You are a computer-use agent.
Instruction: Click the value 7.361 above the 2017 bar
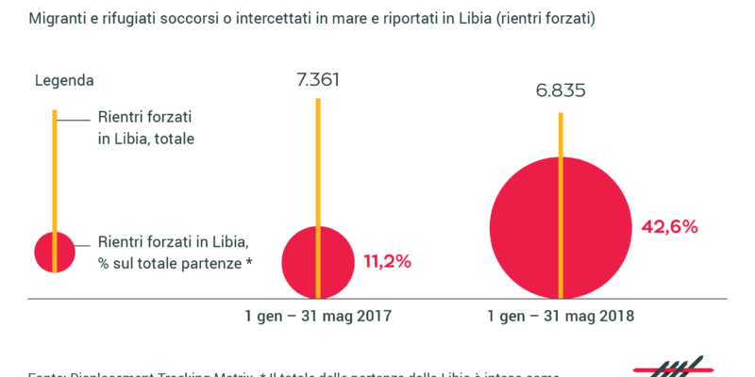pos(318,79)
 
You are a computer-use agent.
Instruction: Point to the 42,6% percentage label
pos(669,226)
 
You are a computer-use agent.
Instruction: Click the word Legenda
pos(65,81)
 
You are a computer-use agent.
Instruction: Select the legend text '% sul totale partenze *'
pos(176,262)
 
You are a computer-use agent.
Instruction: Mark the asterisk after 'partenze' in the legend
pos(248,260)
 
